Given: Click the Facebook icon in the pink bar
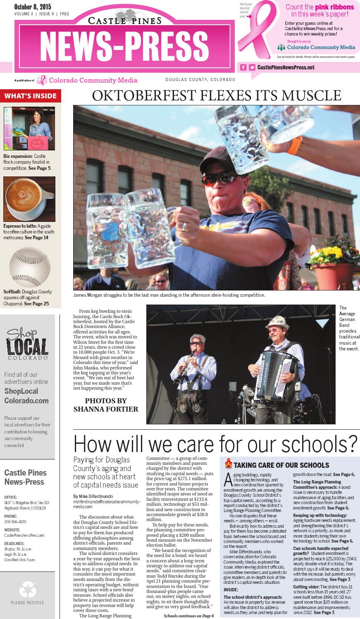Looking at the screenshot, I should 243,67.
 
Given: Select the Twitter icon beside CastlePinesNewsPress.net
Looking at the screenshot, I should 252,67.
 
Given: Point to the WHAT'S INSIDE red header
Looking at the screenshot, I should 31,96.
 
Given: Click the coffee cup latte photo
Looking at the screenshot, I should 29,199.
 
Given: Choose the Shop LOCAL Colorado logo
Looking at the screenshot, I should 27,343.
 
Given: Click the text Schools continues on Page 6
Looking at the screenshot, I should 189,615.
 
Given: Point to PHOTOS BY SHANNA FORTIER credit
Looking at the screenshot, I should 106,405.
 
